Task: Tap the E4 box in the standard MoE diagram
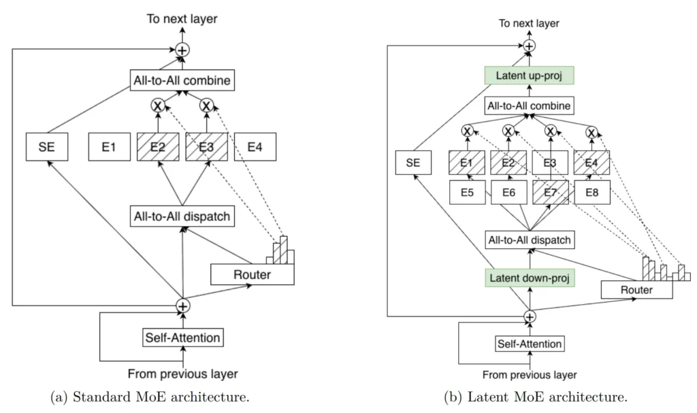click(255, 148)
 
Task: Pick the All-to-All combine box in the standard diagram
click(182, 82)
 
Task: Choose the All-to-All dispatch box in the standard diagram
click(182, 217)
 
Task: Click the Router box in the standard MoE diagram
click(253, 274)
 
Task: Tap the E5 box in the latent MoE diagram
click(467, 193)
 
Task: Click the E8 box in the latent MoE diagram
click(591, 193)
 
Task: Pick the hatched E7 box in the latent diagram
click(550, 193)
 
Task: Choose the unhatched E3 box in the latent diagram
click(550, 163)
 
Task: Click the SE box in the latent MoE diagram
click(413, 163)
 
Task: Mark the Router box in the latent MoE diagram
click(637, 290)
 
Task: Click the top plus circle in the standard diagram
click(182, 50)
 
